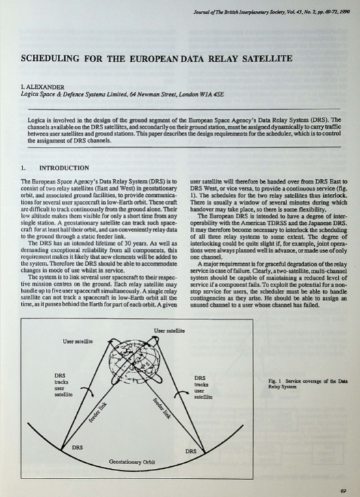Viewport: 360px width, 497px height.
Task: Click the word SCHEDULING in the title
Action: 50,58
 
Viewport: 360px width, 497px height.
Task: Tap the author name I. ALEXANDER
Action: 42,87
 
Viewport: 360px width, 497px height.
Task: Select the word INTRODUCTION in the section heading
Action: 64,168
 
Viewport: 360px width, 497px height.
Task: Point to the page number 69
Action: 343,491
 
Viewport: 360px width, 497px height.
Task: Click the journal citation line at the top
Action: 271,12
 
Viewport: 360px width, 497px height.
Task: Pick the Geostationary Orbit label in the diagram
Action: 132,462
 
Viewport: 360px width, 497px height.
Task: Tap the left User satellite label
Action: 78,341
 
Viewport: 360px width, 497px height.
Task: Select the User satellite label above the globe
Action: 169,331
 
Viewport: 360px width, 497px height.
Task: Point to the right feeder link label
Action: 163,408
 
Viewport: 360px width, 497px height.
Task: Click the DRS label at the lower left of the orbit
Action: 77,448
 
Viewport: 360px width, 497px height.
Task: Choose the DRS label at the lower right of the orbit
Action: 191,451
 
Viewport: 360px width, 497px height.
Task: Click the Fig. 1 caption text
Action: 308,384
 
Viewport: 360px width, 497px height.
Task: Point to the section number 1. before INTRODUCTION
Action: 23,168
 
